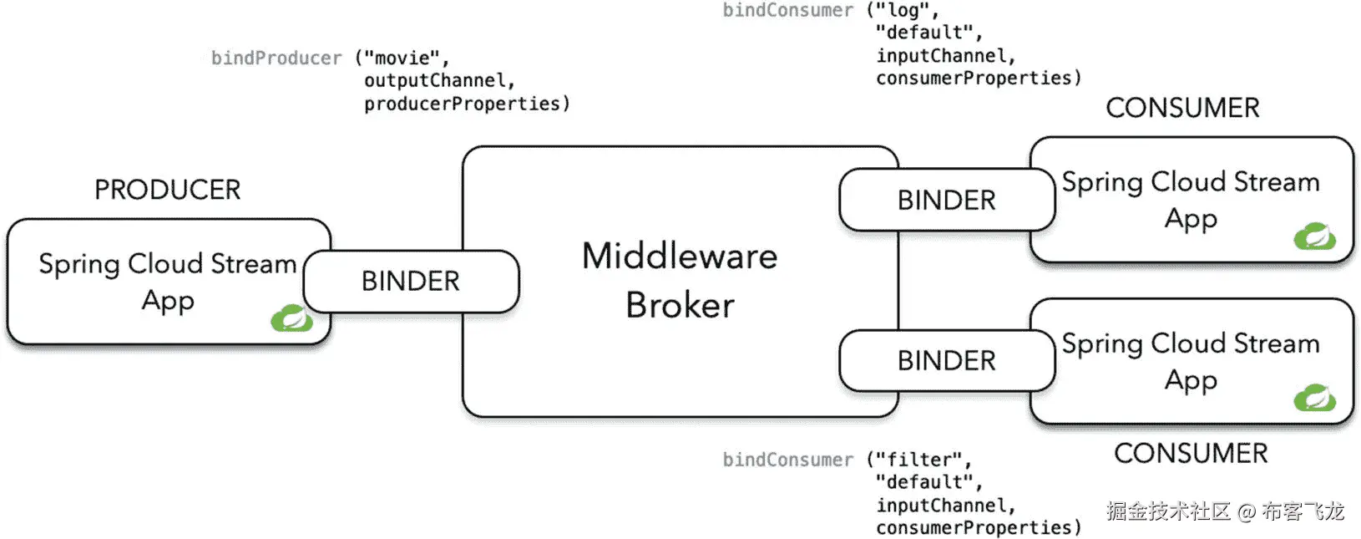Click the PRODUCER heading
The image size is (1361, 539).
tap(167, 190)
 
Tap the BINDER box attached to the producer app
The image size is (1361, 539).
tap(411, 282)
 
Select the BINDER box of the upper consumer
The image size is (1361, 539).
tap(946, 201)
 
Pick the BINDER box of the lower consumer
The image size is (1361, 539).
tap(946, 361)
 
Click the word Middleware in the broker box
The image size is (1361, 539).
tap(680, 257)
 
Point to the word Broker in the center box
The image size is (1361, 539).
tap(680, 305)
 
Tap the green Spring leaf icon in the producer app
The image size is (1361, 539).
tap(291, 318)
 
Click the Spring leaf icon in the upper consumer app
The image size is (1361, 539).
tap(1314, 236)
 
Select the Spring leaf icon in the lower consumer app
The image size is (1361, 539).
tap(1314, 398)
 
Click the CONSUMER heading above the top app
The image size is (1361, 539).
tap(1182, 108)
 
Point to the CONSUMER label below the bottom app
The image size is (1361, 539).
tap(1191, 453)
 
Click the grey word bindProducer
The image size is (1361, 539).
tap(276, 58)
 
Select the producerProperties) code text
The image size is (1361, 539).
tap(467, 104)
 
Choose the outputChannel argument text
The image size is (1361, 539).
tap(439, 81)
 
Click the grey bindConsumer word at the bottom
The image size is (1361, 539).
tap(788, 460)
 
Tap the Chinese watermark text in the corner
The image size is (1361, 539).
tap(1225, 511)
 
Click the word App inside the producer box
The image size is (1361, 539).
tap(168, 300)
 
